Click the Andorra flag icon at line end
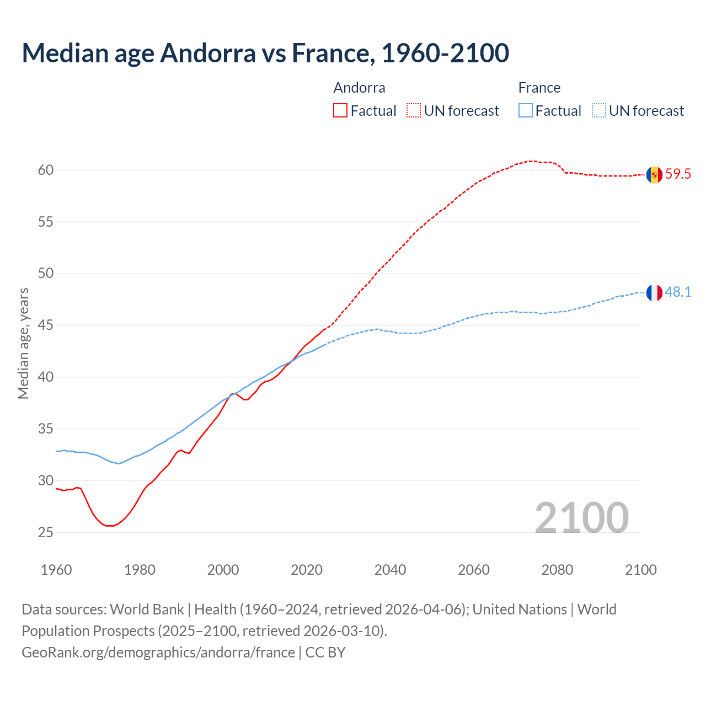(654, 175)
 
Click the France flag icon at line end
(654, 293)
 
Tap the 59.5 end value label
(678, 174)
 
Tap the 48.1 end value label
(678, 292)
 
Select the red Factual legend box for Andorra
(340, 110)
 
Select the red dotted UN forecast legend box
(414, 110)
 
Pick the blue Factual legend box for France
(526, 110)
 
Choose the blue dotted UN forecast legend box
(599, 110)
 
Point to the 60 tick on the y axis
(46, 170)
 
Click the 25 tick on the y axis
(46, 532)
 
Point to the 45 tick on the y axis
(46, 325)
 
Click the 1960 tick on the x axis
(56, 570)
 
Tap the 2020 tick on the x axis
(307, 570)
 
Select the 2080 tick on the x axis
(557, 570)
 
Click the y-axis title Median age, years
(23, 343)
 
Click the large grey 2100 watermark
(581, 517)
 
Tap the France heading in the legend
(539, 88)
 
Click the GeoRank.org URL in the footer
(158, 652)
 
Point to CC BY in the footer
(325, 652)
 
